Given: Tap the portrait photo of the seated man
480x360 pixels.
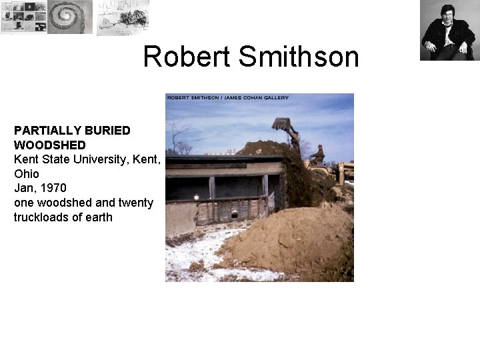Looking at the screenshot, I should pos(447,31).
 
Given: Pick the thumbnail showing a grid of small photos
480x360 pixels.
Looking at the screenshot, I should pos(23,17).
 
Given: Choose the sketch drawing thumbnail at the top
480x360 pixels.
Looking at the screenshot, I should pos(122,17).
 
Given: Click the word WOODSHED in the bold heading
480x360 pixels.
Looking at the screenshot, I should pos(49,145).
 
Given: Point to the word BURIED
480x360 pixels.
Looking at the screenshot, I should pos(107,130).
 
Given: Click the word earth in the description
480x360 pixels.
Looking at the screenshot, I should pos(98,217).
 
